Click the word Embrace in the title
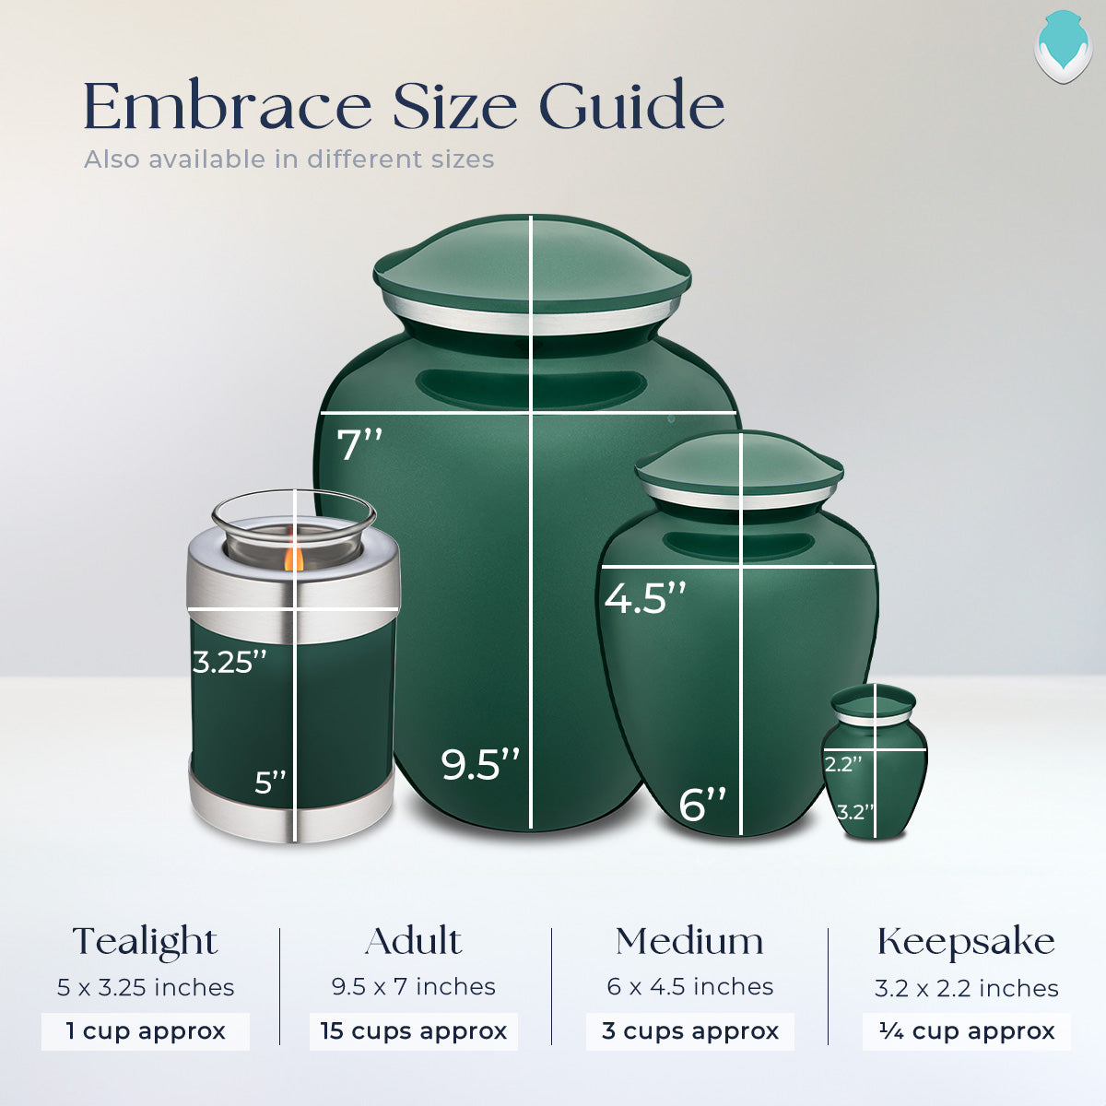[x=227, y=107]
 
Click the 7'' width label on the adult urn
[x=359, y=445]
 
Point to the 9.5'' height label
[x=480, y=764]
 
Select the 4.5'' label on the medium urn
[x=645, y=598]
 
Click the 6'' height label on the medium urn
[x=702, y=804]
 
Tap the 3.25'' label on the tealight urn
[x=229, y=662]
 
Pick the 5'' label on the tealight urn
[x=271, y=782]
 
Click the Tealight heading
[x=146, y=942]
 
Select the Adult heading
[x=414, y=942]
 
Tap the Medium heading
[x=690, y=942]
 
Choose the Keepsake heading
[x=967, y=942]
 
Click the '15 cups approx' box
[x=414, y=1031]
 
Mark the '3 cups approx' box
[x=690, y=1031]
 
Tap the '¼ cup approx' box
[x=967, y=1031]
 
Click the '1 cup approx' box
[x=146, y=1031]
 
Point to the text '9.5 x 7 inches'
[x=414, y=987]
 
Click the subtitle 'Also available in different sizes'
[x=289, y=159]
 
